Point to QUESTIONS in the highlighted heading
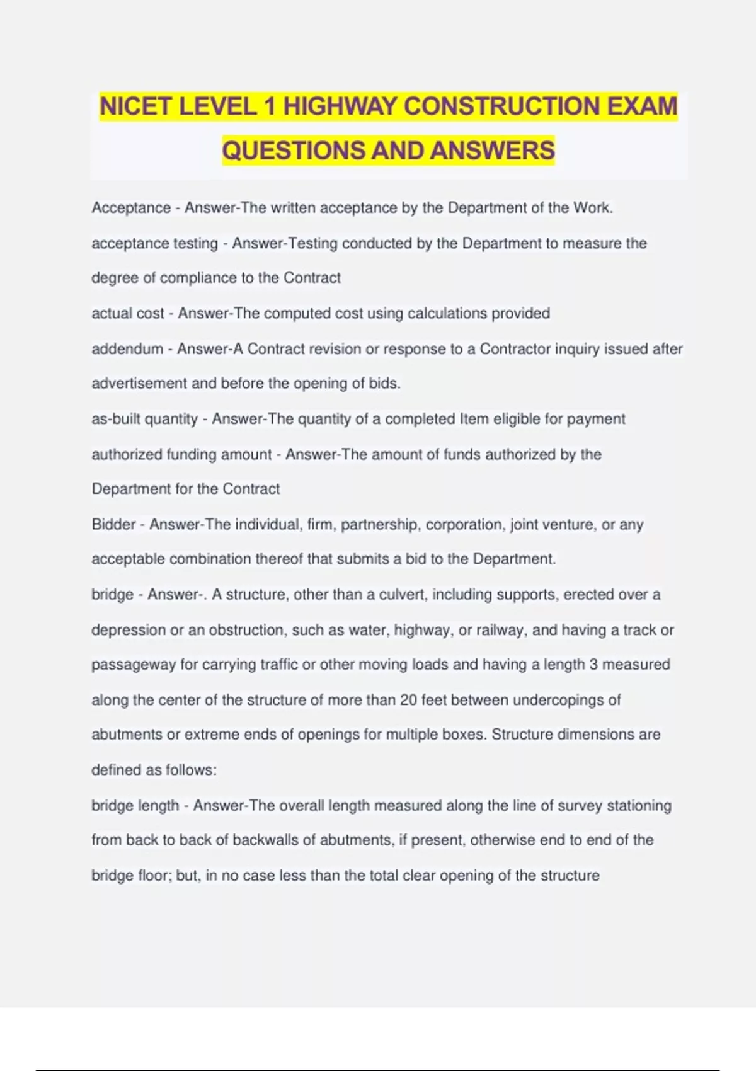[x=294, y=151]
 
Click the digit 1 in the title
[x=270, y=106]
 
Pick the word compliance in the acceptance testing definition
[x=198, y=278]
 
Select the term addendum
[x=127, y=348]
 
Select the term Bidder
[x=113, y=524]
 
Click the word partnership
[x=380, y=524]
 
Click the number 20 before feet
[x=408, y=700]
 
